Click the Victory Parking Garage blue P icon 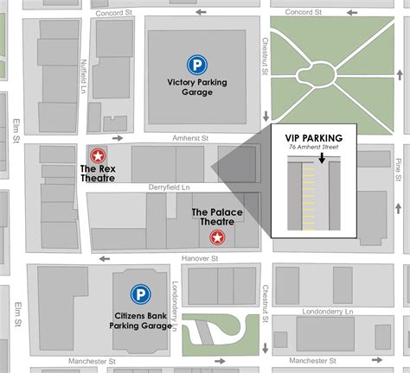[198, 63]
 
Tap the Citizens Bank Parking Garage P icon [138, 295]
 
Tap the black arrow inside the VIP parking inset [321, 159]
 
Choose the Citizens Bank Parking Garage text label [137, 320]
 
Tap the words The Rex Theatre [99, 174]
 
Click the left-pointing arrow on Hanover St [105, 257]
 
